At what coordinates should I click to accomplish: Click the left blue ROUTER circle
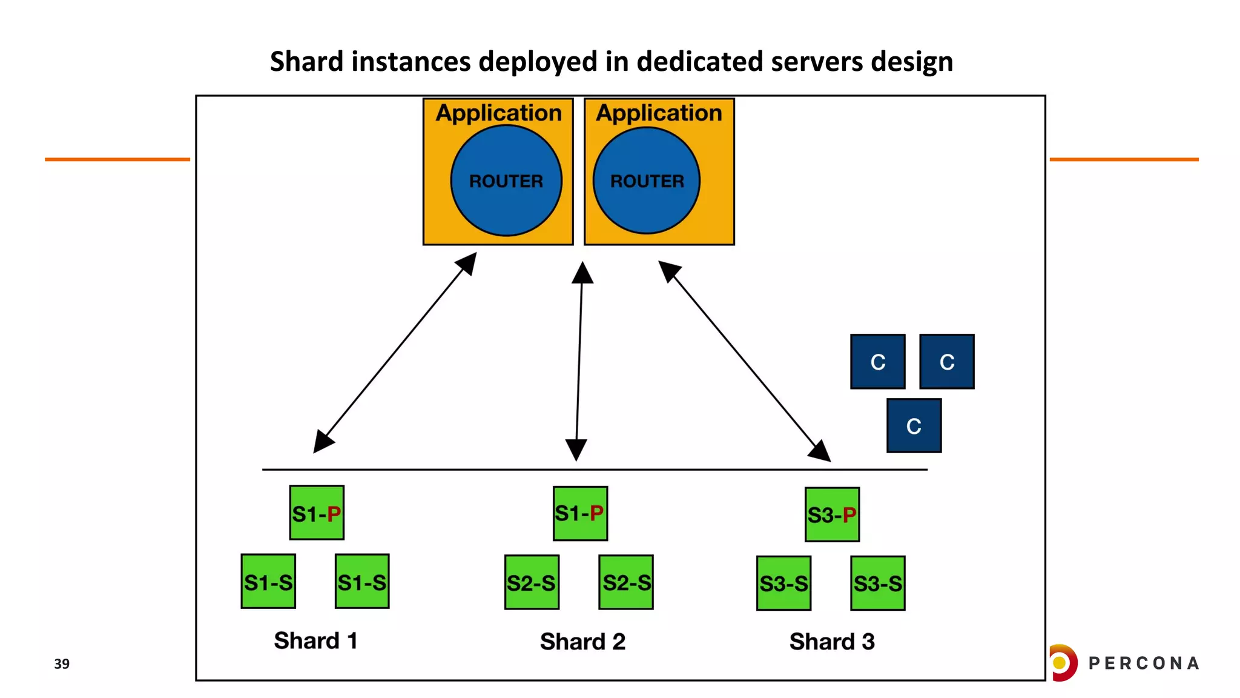pyautogui.click(x=506, y=181)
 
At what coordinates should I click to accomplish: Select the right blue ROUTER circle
pyautogui.click(x=647, y=181)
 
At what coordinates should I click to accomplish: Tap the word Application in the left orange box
pyautogui.click(x=499, y=113)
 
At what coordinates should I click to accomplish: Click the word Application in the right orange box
pyautogui.click(x=659, y=113)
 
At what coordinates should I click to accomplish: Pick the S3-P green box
pyautogui.click(x=832, y=514)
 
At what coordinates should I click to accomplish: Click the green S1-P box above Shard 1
pyautogui.click(x=317, y=513)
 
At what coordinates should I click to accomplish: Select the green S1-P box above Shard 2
pyautogui.click(x=580, y=513)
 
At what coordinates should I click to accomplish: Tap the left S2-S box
pyautogui.click(x=532, y=582)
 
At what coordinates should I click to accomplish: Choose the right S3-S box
pyautogui.click(x=877, y=583)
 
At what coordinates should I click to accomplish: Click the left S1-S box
pyautogui.click(x=268, y=581)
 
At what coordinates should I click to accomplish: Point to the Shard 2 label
pyautogui.click(x=582, y=642)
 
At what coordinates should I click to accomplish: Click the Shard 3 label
pyautogui.click(x=832, y=642)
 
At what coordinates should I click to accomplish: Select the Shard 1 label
pyautogui.click(x=315, y=640)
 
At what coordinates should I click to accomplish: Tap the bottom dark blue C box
pyautogui.click(x=914, y=425)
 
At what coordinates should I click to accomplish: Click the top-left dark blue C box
pyautogui.click(x=877, y=362)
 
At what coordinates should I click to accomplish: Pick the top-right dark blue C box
pyautogui.click(x=946, y=362)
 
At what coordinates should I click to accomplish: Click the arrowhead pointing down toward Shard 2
pyautogui.click(x=576, y=450)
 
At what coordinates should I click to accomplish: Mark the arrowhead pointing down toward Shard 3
pyautogui.click(x=820, y=451)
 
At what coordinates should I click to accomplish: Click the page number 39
pyautogui.click(x=62, y=663)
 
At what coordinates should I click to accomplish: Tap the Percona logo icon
pyautogui.click(x=1063, y=662)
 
